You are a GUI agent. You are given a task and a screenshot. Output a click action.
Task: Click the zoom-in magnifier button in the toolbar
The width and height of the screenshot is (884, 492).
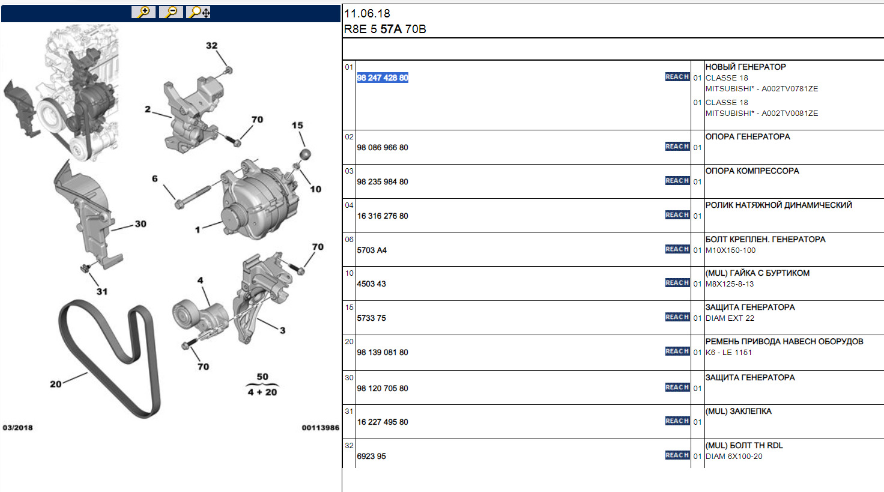pyautogui.click(x=144, y=12)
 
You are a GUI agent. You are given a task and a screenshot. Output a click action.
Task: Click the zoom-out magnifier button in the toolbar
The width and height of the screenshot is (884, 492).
pyautogui.click(x=171, y=12)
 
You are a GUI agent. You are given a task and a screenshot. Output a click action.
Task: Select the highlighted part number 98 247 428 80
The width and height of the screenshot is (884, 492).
pyautogui.click(x=383, y=77)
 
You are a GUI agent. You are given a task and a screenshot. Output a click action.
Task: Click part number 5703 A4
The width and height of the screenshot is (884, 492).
pyautogui.click(x=372, y=250)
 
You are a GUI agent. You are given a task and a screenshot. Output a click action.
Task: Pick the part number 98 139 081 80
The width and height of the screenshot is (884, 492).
pyautogui.click(x=383, y=352)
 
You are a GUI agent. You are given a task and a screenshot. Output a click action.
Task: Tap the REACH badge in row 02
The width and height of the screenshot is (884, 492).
pyautogui.click(x=677, y=147)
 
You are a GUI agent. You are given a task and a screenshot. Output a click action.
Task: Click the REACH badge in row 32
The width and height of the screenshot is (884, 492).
pyautogui.click(x=677, y=455)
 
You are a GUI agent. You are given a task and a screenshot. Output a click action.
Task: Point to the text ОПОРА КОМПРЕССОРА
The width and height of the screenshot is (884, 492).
pyautogui.click(x=752, y=171)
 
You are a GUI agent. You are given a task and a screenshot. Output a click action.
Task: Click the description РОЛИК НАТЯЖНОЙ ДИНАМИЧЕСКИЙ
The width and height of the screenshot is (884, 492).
pyautogui.click(x=779, y=205)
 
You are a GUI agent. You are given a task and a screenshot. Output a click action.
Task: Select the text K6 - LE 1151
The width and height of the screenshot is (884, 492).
pyautogui.click(x=728, y=352)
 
